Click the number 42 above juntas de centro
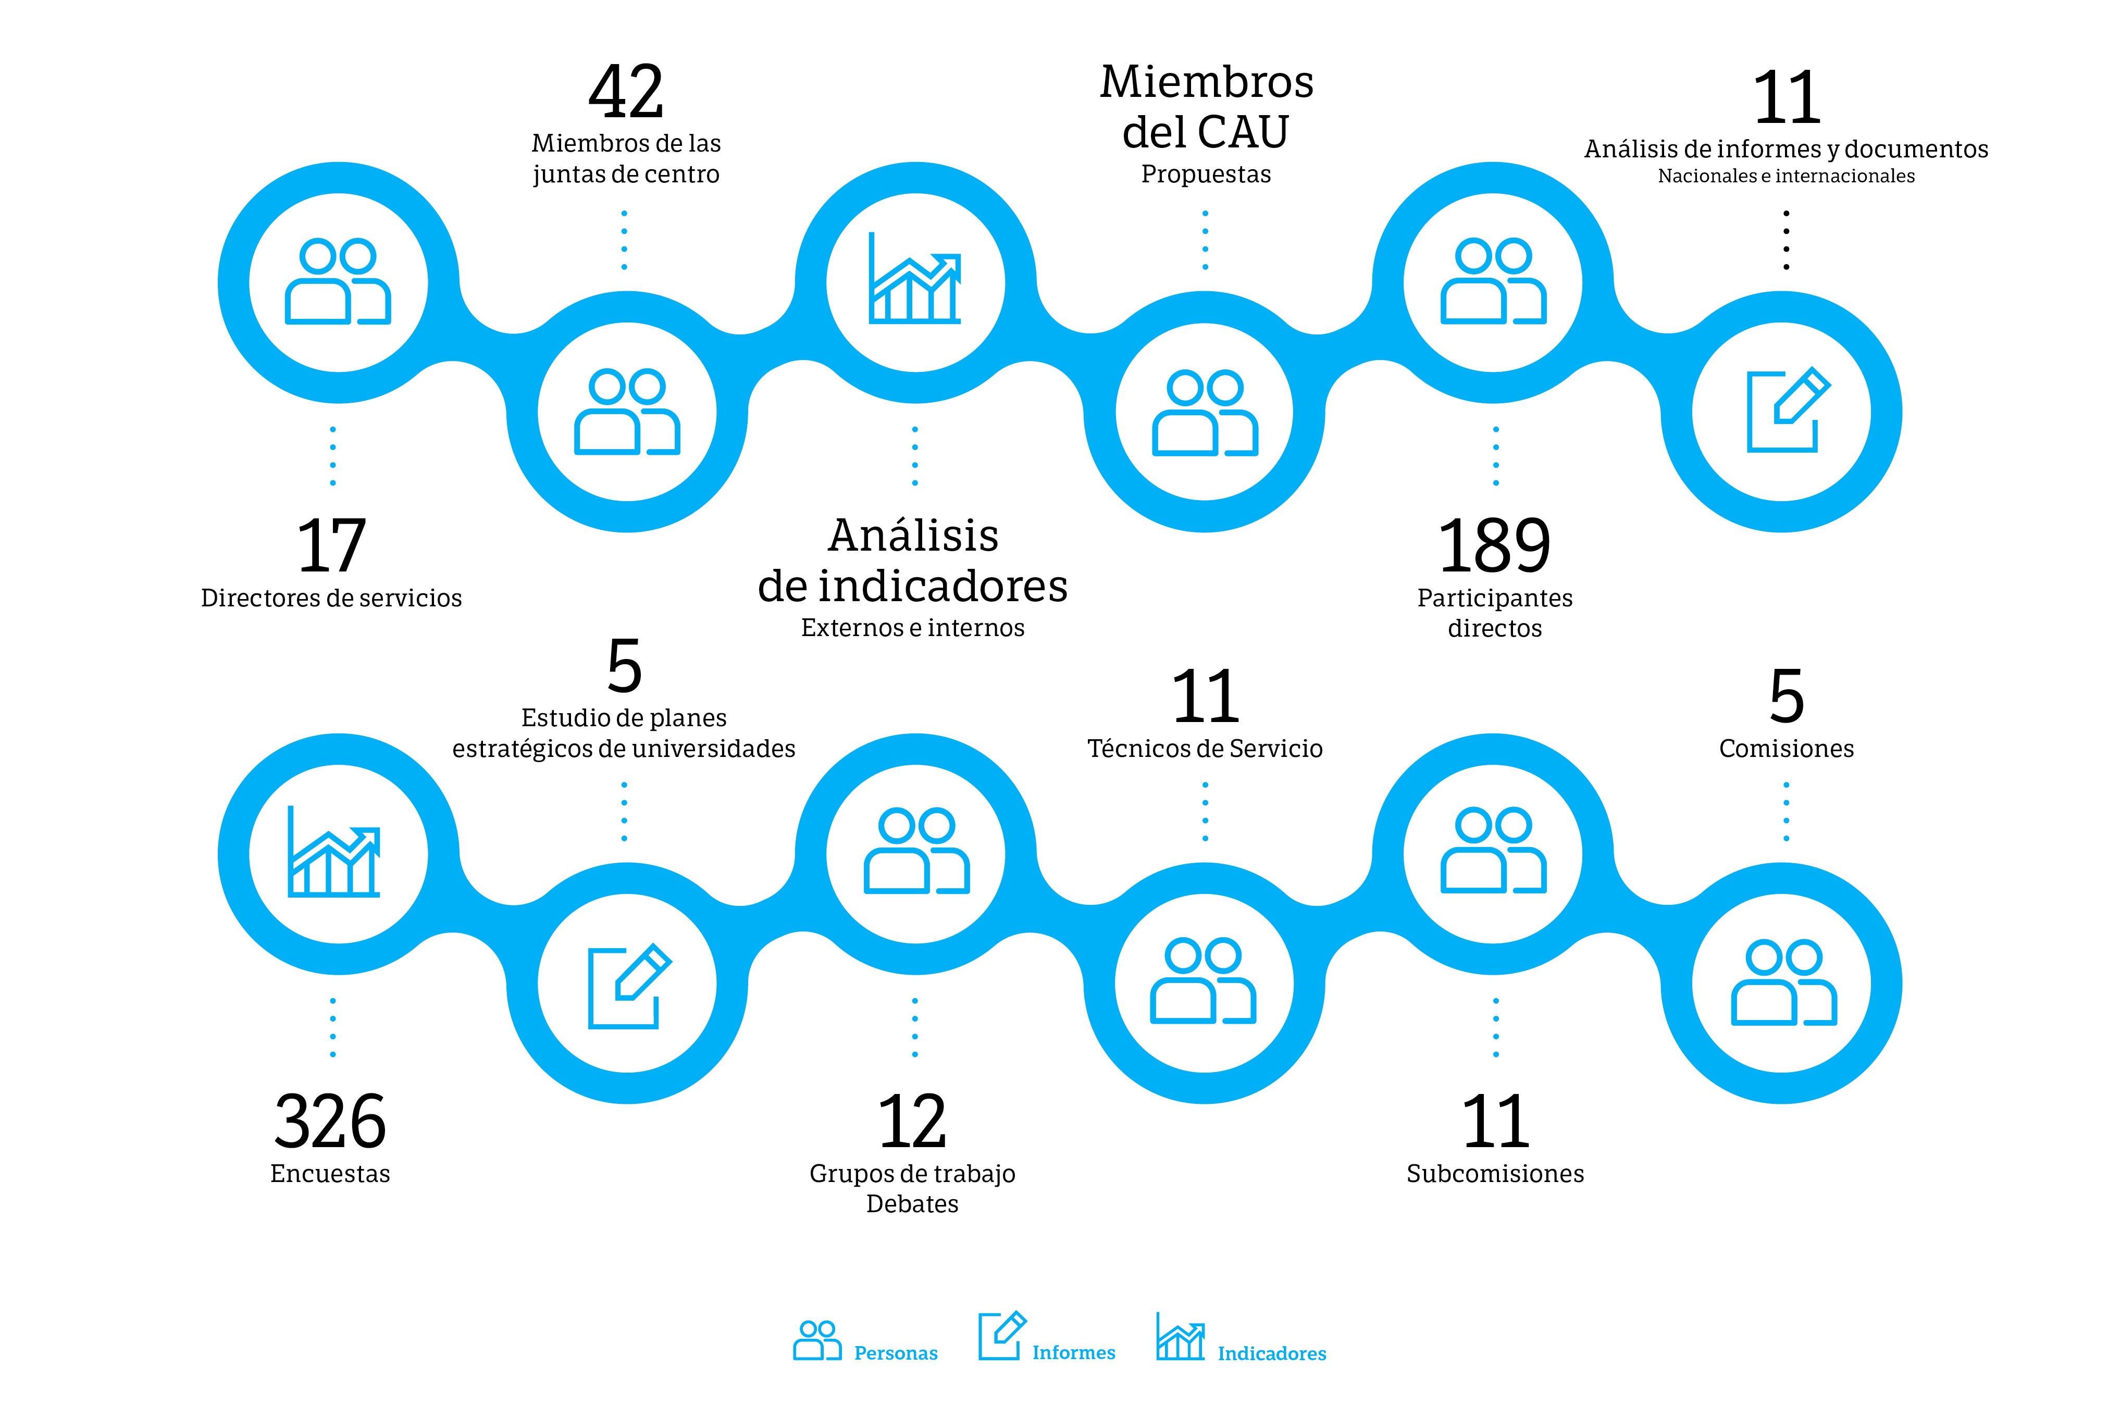(626, 92)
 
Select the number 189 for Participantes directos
(1494, 546)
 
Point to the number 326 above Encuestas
(330, 1122)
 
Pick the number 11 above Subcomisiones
(1495, 1122)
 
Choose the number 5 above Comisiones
(1786, 696)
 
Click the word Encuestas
(330, 1174)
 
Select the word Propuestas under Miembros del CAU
(1206, 173)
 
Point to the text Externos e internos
(913, 628)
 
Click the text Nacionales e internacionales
(1786, 177)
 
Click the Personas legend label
(896, 1353)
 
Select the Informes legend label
(1074, 1353)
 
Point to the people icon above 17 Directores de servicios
(337, 281)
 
